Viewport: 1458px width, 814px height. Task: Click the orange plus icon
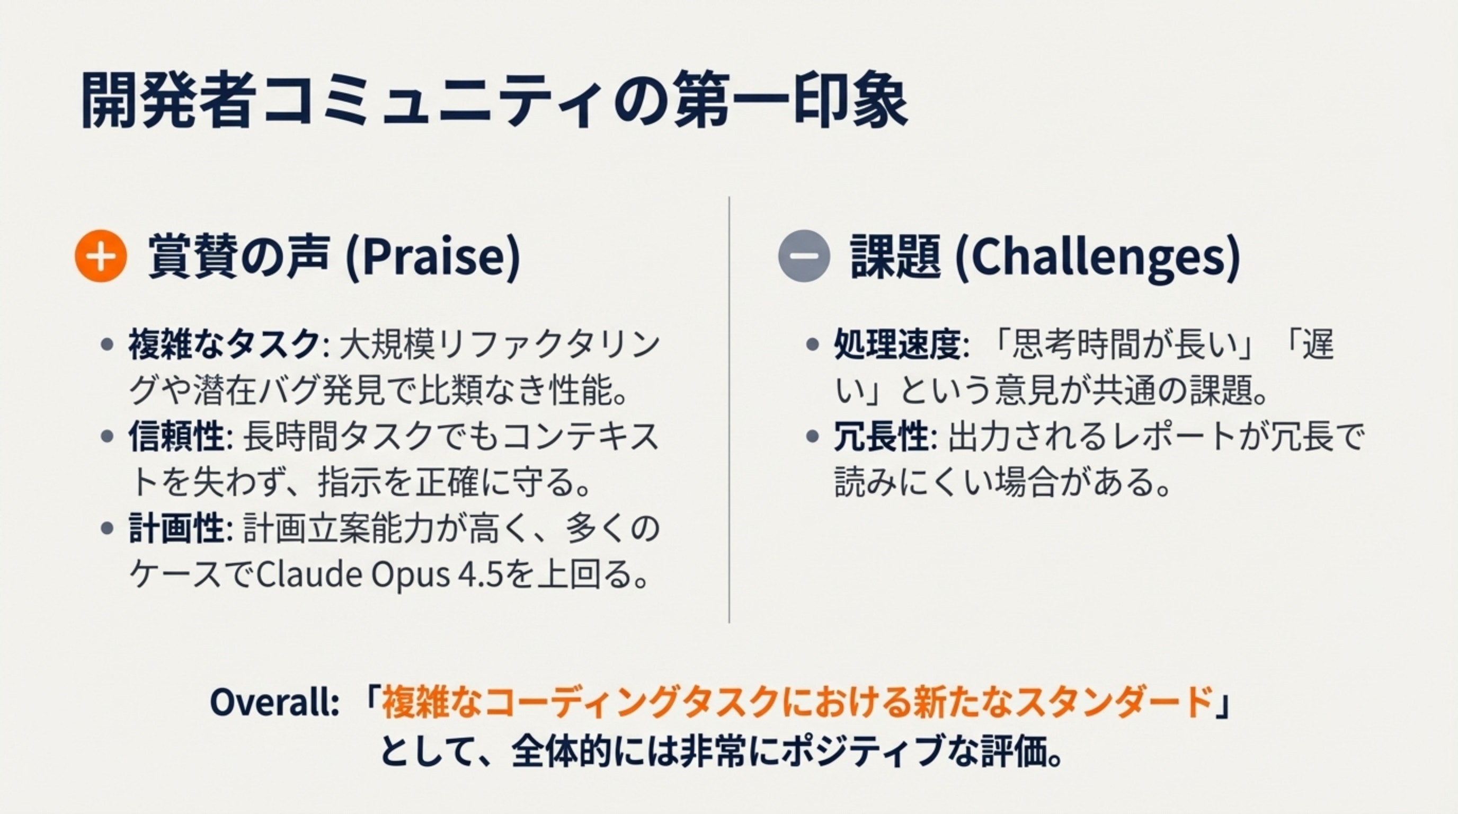point(100,256)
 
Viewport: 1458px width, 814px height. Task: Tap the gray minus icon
point(804,256)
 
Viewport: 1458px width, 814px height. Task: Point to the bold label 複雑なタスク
point(224,344)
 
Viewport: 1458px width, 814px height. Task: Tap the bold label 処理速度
point(897,344)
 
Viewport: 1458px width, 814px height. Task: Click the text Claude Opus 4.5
point(379,575)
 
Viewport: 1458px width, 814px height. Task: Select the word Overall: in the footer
point(274,703)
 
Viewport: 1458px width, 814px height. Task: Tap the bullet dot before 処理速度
point(812,344)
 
